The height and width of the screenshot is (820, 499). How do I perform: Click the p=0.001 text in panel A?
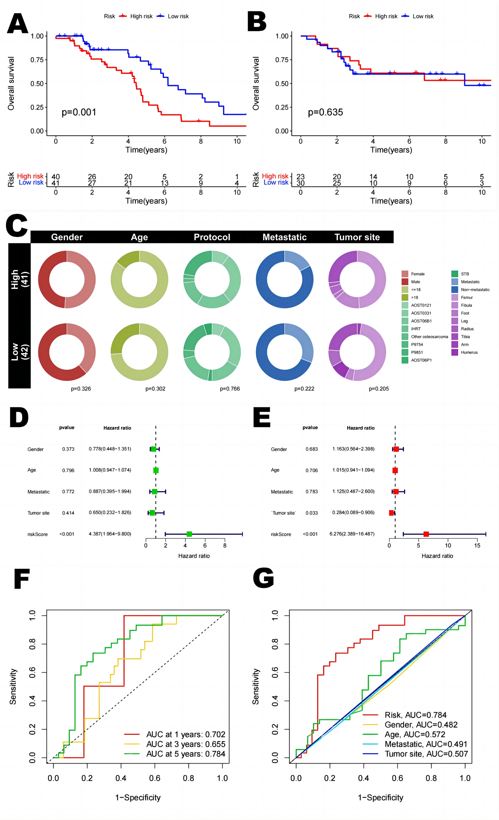click(79, 112)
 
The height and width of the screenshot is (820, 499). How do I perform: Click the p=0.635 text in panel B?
click(325, 112)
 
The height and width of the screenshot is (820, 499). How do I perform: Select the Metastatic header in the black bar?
click(284, 237)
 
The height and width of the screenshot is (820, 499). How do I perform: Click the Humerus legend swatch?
click(454, 352)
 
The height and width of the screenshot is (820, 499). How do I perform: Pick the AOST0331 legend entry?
click(421, 313)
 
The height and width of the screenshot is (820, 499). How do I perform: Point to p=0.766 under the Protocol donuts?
click(230, 389)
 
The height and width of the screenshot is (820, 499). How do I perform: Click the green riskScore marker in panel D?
click(189, 534)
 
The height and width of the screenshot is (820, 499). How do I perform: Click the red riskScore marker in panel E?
click(426, 534)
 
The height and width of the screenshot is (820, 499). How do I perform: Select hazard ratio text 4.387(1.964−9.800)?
click(110, 534)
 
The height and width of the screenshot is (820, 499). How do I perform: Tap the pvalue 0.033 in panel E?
click(312, 513)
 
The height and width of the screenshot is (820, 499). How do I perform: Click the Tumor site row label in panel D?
click(38, 513)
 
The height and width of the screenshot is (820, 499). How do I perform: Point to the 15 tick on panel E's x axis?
click(477, 545)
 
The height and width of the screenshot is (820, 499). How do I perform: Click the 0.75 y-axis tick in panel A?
click(37, 60)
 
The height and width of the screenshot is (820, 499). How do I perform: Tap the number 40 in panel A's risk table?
click(56, 177)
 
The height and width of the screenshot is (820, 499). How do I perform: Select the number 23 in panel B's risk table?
click(301, 177)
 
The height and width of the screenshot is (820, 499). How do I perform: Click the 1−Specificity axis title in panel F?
click(138, 797)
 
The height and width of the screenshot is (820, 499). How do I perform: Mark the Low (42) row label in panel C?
click(19, 351)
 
